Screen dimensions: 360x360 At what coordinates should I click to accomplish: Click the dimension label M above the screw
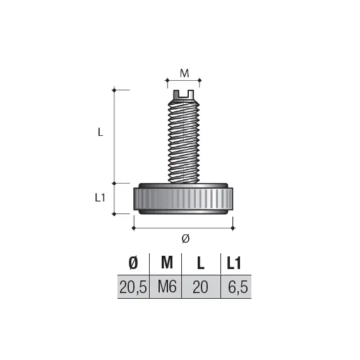point(184,73)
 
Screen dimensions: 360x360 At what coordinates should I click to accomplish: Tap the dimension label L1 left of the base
point(99,198)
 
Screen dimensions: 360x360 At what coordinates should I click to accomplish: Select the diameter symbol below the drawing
point(185,238)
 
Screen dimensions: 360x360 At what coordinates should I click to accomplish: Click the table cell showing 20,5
point(133,287)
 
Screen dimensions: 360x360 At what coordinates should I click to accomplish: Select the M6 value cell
point(166,287)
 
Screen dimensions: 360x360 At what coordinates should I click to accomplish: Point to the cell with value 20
point(200,287)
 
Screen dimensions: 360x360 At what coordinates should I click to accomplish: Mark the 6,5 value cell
point(235,287)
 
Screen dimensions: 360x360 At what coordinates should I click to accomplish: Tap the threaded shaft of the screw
point(183,142)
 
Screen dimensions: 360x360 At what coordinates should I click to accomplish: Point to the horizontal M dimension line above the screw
point(184,81)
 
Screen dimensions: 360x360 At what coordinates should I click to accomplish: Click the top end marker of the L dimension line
point(114,90)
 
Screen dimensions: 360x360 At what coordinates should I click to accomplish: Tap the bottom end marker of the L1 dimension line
point(114,213)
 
